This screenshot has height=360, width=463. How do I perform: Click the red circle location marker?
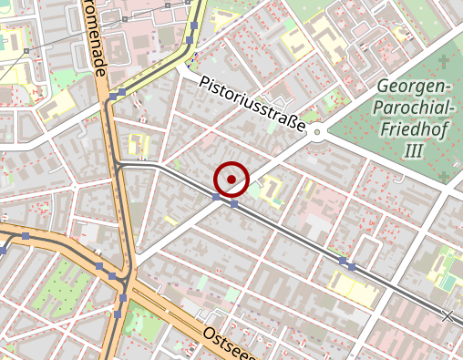(232, 179)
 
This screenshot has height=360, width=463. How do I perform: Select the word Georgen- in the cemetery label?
(414, 88)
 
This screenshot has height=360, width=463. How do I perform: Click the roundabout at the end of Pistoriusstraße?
(317, 134)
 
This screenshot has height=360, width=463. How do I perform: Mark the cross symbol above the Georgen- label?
(444, 62)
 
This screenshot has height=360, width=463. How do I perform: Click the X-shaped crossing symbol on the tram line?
(447, 316)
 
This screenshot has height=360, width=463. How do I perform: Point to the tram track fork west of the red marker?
(119, 165)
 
